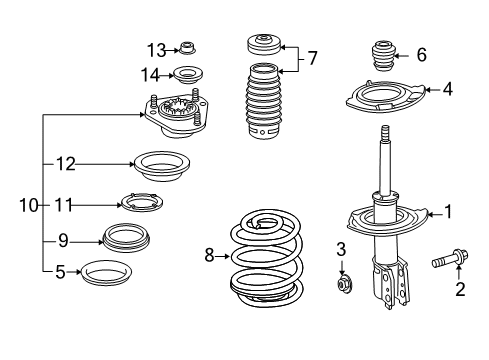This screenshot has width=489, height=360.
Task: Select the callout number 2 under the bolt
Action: point(460,290)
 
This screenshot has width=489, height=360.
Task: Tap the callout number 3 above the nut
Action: point(340,248)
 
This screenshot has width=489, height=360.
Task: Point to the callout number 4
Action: point(447,89)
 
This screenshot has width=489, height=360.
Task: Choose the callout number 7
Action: point(313,59)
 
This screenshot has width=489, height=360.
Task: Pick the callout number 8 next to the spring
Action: point(210,256)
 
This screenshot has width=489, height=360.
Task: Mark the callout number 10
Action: point(27,206)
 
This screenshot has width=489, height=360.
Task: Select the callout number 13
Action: point(156,50)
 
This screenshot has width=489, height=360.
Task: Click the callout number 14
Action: point(151,73)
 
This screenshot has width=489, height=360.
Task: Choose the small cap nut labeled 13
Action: point(186,48)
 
